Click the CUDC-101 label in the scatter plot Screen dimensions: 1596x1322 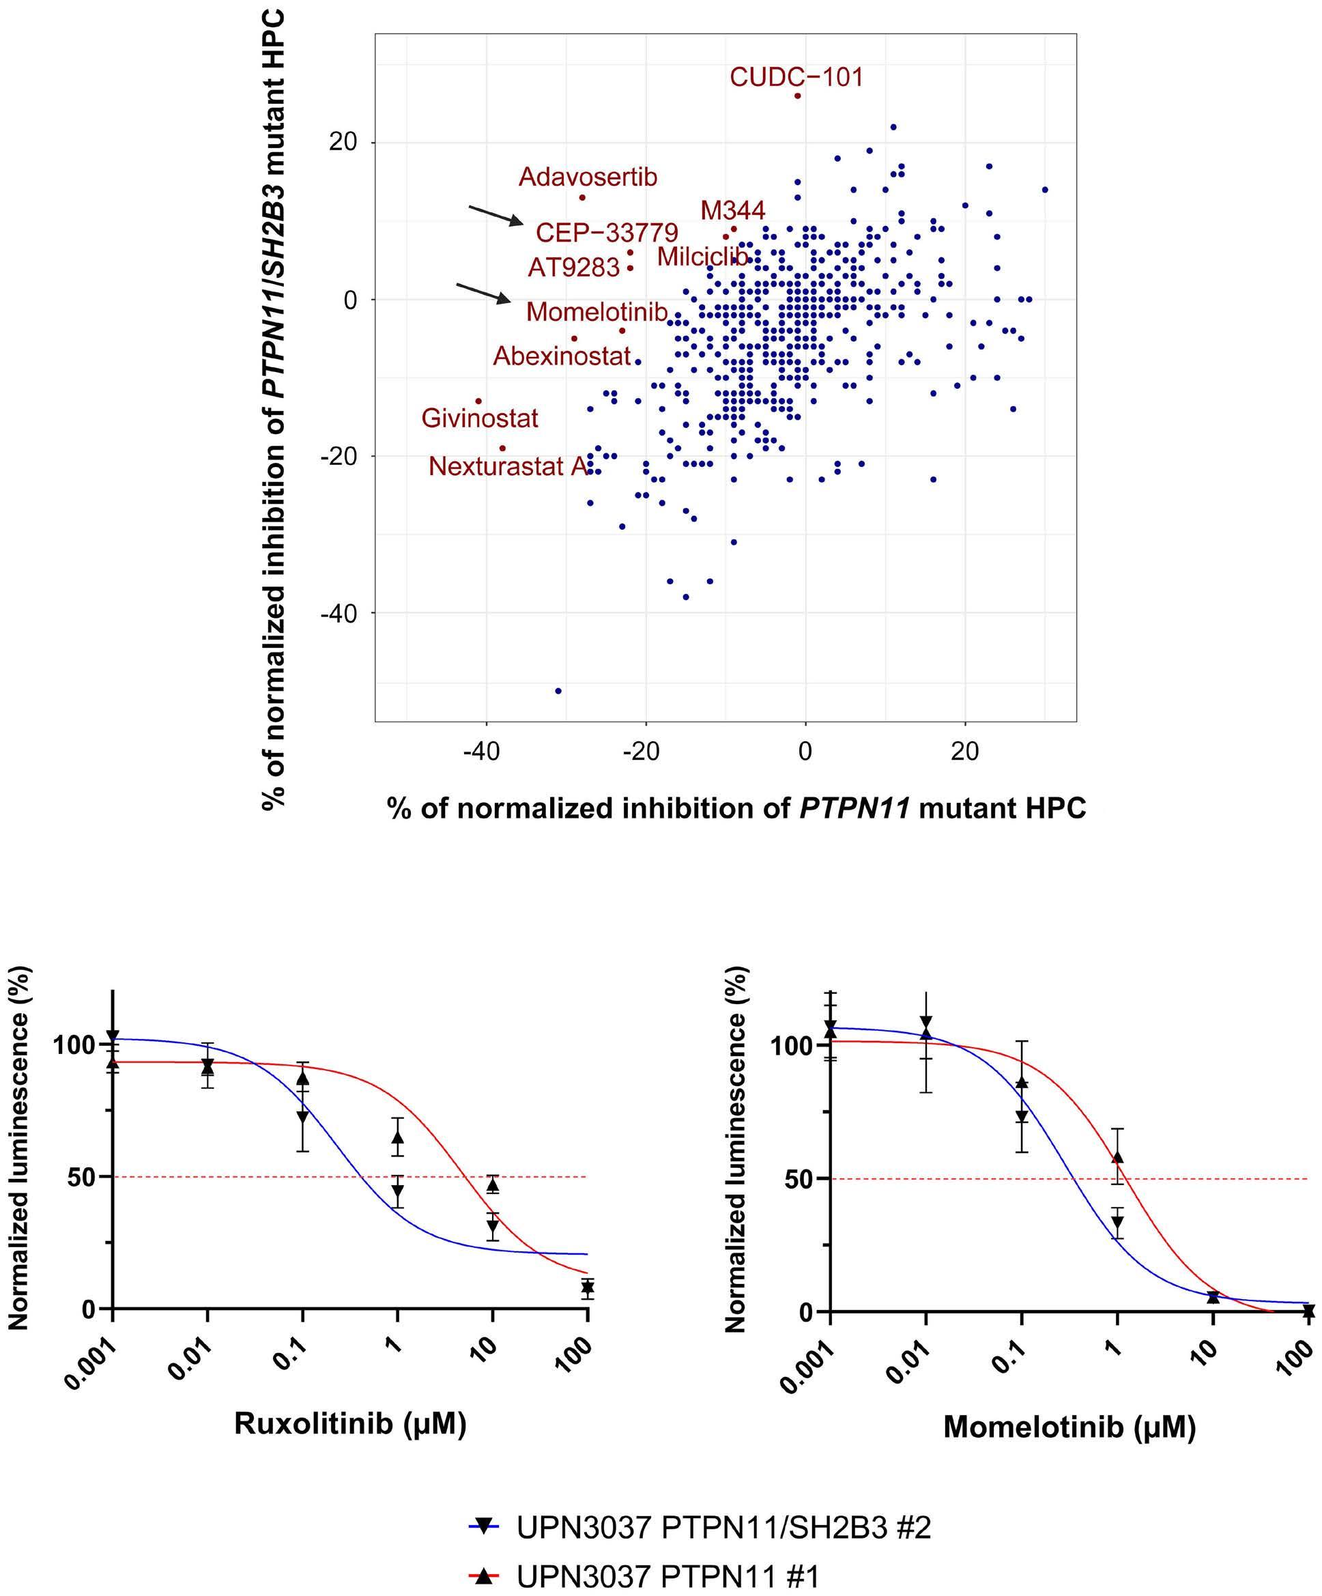click(x=796, y=78)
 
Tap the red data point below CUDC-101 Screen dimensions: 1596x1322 click(x=797, y=96)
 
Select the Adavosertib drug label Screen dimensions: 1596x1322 click(x=588, y=177)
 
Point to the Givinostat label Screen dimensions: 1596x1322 click(x=479, y=418)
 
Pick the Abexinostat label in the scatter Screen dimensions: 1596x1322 click(x=562, y=356)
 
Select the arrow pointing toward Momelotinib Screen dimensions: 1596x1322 click(x=483, y=294)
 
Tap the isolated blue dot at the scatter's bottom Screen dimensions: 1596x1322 click(x=558, y=691)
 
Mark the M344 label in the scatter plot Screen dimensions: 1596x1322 click(x=732, y=210)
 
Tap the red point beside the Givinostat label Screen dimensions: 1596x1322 click(x=478, y=401)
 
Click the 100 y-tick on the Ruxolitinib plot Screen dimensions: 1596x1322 click(x=73, y=1045)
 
